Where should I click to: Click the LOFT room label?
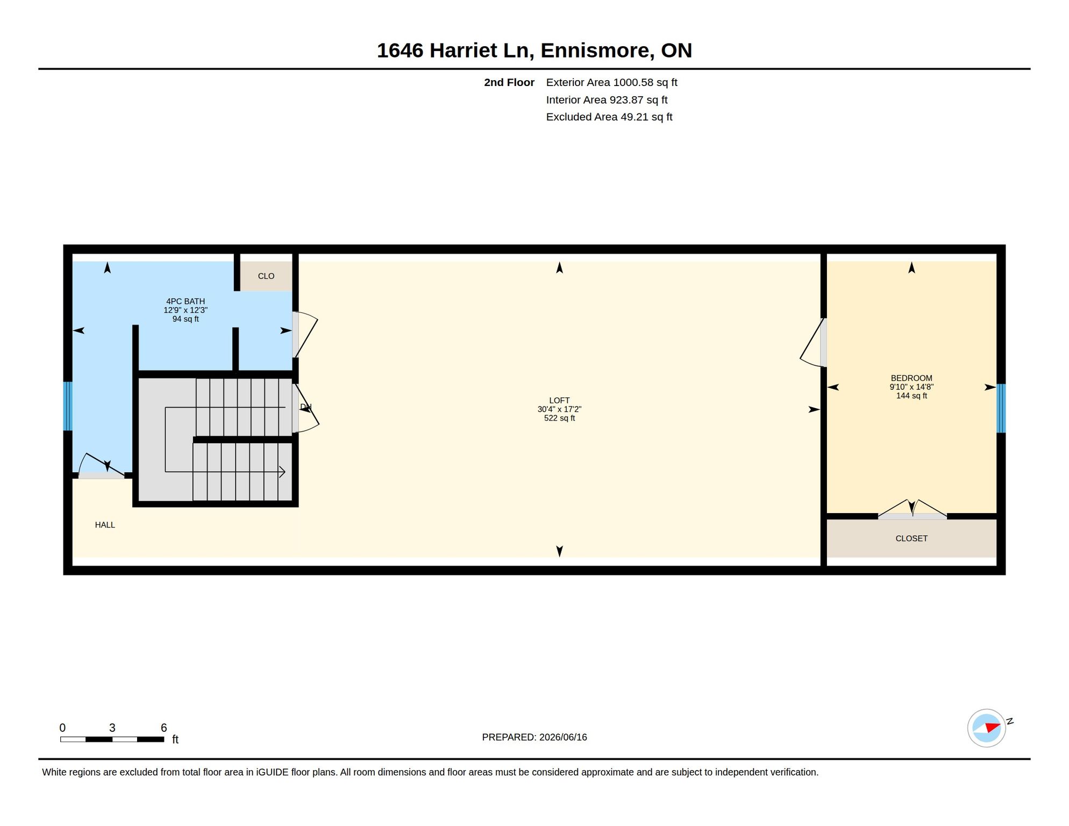point(559,401)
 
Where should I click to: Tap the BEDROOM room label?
point(911,378)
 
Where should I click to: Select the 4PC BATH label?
point(186,302)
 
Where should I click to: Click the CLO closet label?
point(266,276)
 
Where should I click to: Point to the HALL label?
point(105,525)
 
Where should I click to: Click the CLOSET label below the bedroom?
point(911,538)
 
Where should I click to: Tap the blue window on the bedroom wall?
point(1001,408)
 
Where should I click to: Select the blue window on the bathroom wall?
point(68,406)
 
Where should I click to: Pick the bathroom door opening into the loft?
point(305,334)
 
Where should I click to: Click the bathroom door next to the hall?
point(102,466)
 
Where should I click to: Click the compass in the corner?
point(987,728)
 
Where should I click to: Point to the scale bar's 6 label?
point(164,728)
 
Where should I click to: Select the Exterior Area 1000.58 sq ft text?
point(611,82)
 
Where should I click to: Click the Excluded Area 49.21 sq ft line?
point(609,117)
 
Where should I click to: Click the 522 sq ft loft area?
point(559,418)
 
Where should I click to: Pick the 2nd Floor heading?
point(509,82)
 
